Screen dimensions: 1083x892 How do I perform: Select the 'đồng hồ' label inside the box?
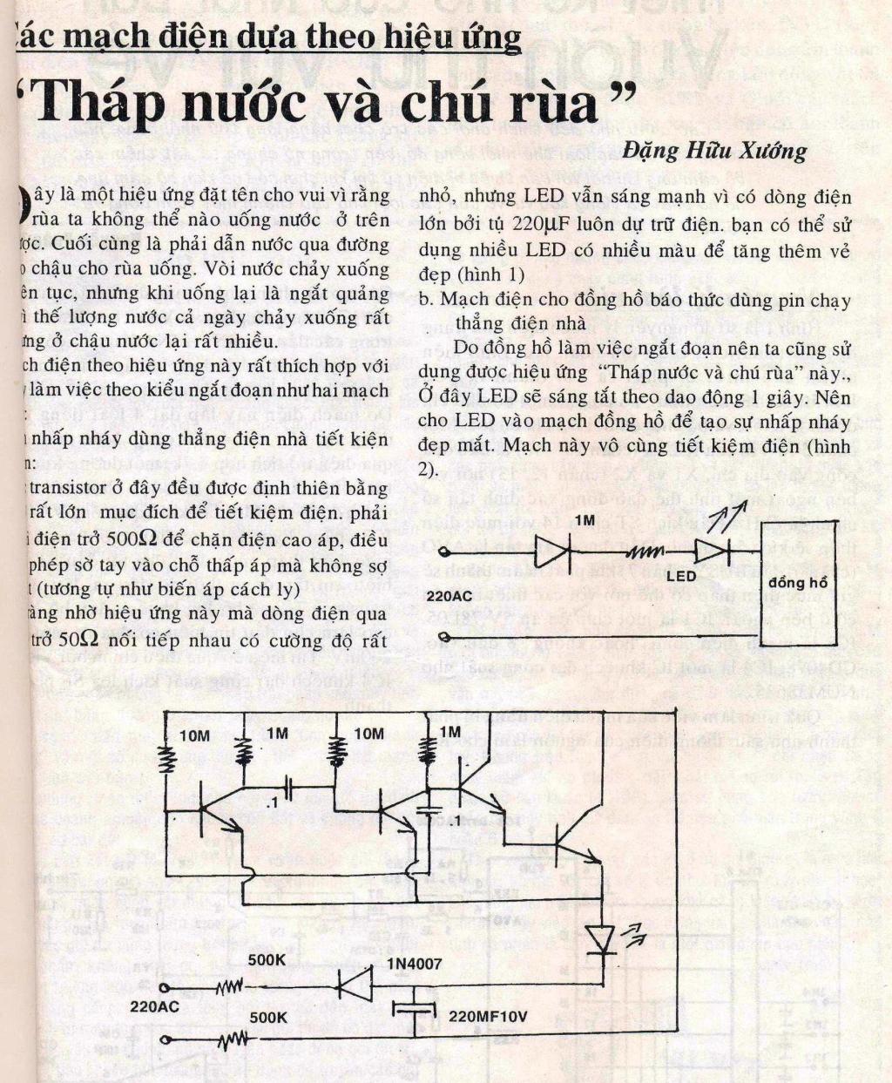click(799, 582)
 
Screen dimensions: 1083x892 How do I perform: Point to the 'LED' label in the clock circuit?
click(680, 576)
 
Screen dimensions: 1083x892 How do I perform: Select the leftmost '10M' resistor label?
click(194, 736)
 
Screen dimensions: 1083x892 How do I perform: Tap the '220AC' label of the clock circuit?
click(451, 597)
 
